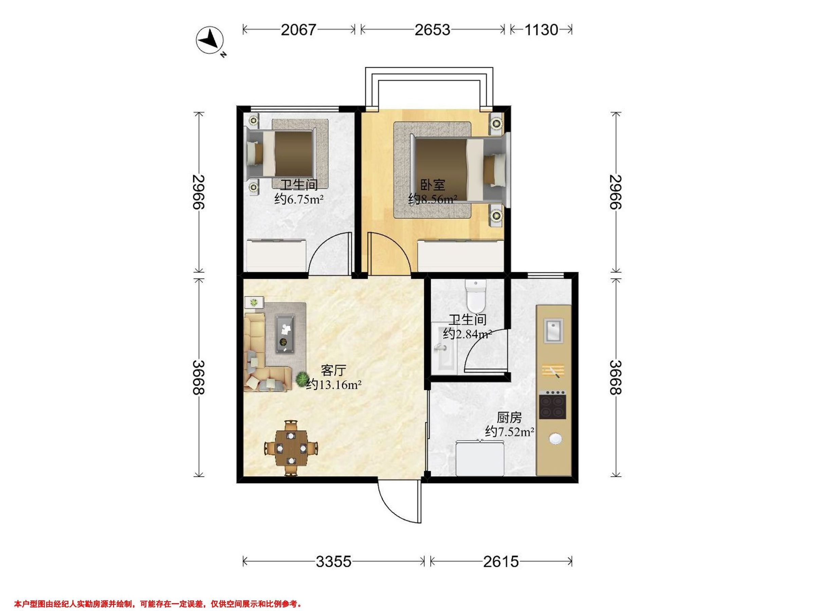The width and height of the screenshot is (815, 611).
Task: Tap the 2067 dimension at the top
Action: (x=298, y=30)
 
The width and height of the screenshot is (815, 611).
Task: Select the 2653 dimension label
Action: (x=432, y=30)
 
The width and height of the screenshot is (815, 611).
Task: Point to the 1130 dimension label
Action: (x=541, y=30)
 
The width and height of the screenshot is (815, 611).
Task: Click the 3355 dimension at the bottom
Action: (x=333, y=561)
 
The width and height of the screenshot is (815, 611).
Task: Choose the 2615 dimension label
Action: (x=501, y=561)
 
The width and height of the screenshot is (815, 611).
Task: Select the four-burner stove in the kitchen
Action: (x=552, y=404)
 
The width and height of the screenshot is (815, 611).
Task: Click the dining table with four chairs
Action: (x=291, y=448)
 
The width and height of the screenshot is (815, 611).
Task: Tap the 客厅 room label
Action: (x=333, y=370)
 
